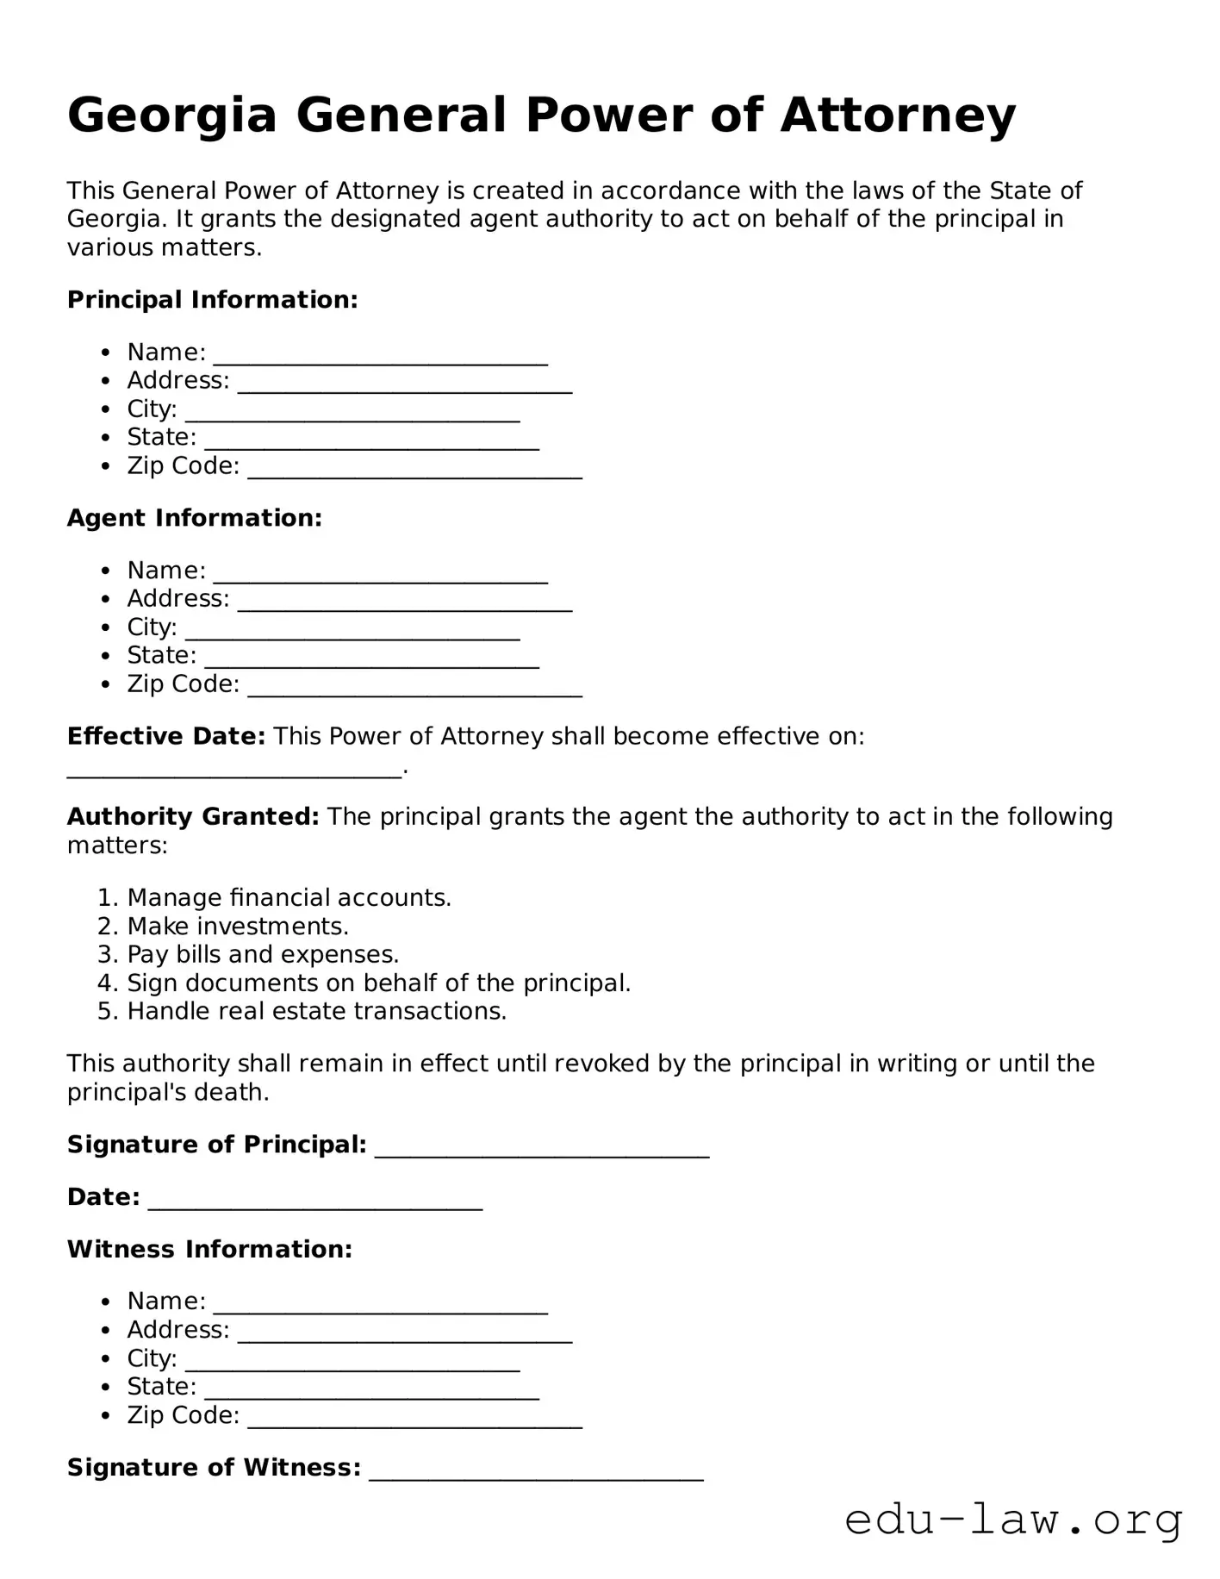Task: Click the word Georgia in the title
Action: [171, 116]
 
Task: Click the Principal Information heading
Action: [212, 300]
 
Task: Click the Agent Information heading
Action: [195, 518]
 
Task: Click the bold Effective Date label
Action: [165, 736]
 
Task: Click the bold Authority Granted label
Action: [193, 816]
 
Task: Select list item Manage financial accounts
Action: [289, 898]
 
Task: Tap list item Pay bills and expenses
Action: [263, 955]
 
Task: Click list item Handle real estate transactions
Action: [316, 1012]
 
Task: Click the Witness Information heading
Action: [209, 1250]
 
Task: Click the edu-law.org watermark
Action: [1013, 1520]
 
